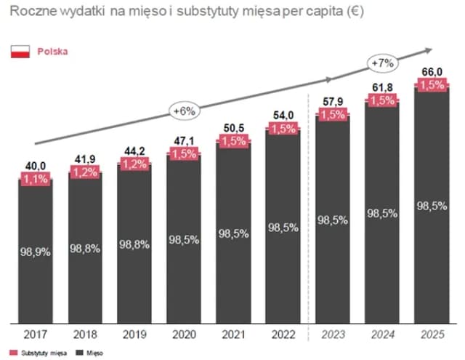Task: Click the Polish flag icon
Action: click(x=19, y=52)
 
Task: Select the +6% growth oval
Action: click(x=182, y=111)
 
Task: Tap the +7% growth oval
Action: click(x=381, y=63)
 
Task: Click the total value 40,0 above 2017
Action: click(x=36, y=167)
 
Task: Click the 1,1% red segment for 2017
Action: click(x=36, y=178)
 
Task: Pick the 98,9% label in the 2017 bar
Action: click(x=36, y=252)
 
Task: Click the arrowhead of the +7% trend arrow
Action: click(x=428, y=49)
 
